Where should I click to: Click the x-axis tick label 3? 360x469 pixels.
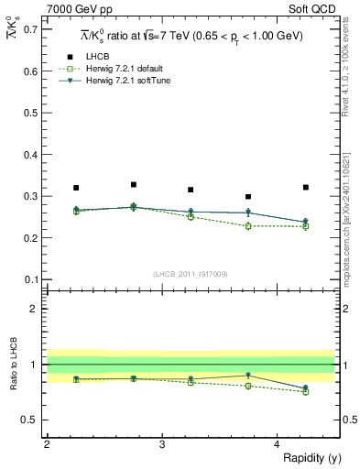pyautogui.click(x=162, y=444)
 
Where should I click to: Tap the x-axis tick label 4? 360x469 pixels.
pyautogui.click(x=278, y=444)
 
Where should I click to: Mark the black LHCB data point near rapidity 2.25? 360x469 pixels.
pyautogui.click(x=76, y=188)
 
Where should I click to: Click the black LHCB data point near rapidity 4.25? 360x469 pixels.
pyautogui.click(x=306, y=187)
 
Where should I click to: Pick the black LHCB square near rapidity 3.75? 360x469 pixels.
pyautogui.click(x=248, y=196)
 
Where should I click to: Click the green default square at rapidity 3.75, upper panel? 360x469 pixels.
pyautogui.click(x=248, y=225)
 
